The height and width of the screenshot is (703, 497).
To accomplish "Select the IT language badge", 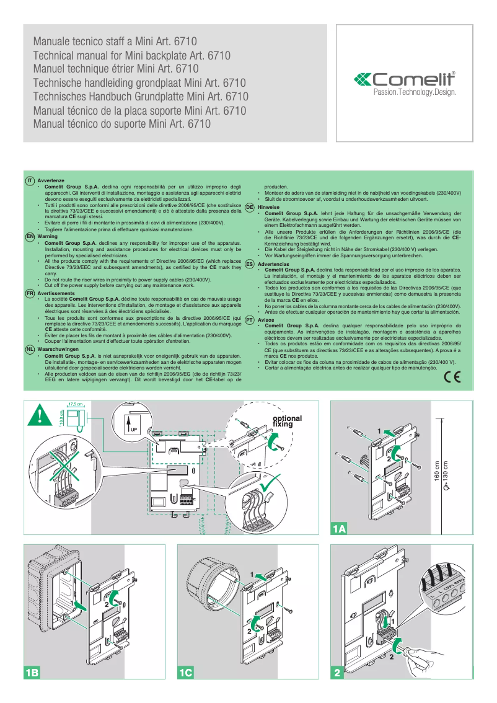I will pos(29,180).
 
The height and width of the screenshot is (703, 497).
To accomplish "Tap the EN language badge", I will pos(29,236).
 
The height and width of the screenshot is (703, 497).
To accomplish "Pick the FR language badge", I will pos(29,292).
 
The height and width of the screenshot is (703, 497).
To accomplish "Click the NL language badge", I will pos(29,350).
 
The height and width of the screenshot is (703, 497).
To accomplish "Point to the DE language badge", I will pos(249,207).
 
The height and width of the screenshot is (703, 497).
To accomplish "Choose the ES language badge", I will pos(249,264).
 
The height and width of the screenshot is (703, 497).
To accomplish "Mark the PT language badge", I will pos(249,320).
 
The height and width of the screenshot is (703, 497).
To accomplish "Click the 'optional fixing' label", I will pos(288,422).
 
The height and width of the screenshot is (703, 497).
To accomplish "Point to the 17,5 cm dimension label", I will pos(75,404).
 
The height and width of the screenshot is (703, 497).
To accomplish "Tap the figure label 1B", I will pos(32,672).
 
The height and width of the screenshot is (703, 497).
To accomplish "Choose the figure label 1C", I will pos(186,672).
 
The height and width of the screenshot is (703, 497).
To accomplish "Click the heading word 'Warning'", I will pos(48,236).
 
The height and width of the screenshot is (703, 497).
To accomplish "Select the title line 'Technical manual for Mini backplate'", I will pos(131,55).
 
